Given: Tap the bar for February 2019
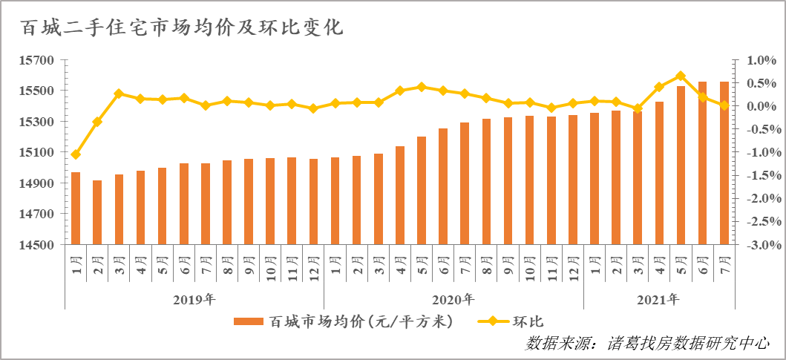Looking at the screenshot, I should pyautogui.click(x=97, y=212).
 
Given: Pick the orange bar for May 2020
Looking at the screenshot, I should pyautogui.click(x=422, y=191).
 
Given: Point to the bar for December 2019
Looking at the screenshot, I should pyautogui.click(x=313, y=202).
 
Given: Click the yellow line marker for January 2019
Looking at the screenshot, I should pyautogui.click(x=76, y=154).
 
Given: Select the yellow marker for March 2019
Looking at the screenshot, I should pyautogui.click(x=119, y=94).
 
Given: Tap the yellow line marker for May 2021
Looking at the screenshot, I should pyautogui.click(x=681, y=76).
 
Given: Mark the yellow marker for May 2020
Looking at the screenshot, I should pyautogui.click(x=422, y=87).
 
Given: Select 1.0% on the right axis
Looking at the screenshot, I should pyautogui.click(x=759, y=60).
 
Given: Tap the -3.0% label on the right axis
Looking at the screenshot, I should pyautogui.click(x=757, y=245).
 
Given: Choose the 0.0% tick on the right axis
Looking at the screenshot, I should pyautogui.click(x=759, y=106).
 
